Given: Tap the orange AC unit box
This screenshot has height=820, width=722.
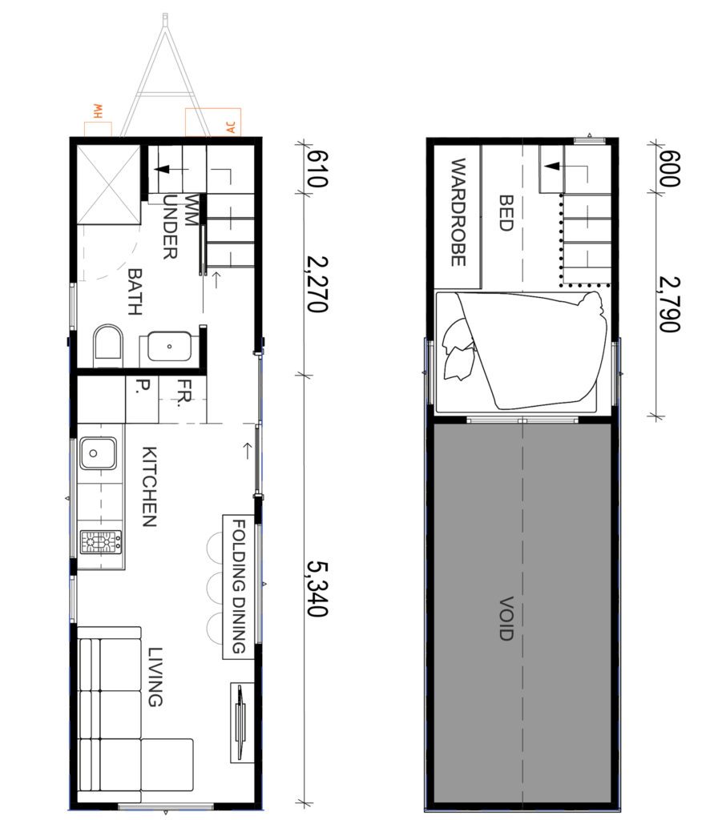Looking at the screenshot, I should [212, 122].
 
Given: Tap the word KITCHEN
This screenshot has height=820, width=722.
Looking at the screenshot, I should [149, 486].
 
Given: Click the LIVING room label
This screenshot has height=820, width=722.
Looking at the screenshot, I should [155, 677].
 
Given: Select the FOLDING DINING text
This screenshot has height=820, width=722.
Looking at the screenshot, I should [238, 587].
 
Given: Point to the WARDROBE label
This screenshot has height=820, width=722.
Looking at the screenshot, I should [458, 212].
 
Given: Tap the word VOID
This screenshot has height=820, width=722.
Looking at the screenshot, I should [505, 618].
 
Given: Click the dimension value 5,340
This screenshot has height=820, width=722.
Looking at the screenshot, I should [316, 588].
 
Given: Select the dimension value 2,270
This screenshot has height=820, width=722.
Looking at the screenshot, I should [316, 283].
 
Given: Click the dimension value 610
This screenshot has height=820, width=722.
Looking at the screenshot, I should [316, 169].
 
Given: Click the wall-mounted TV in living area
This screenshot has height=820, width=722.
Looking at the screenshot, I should [240, 713].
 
